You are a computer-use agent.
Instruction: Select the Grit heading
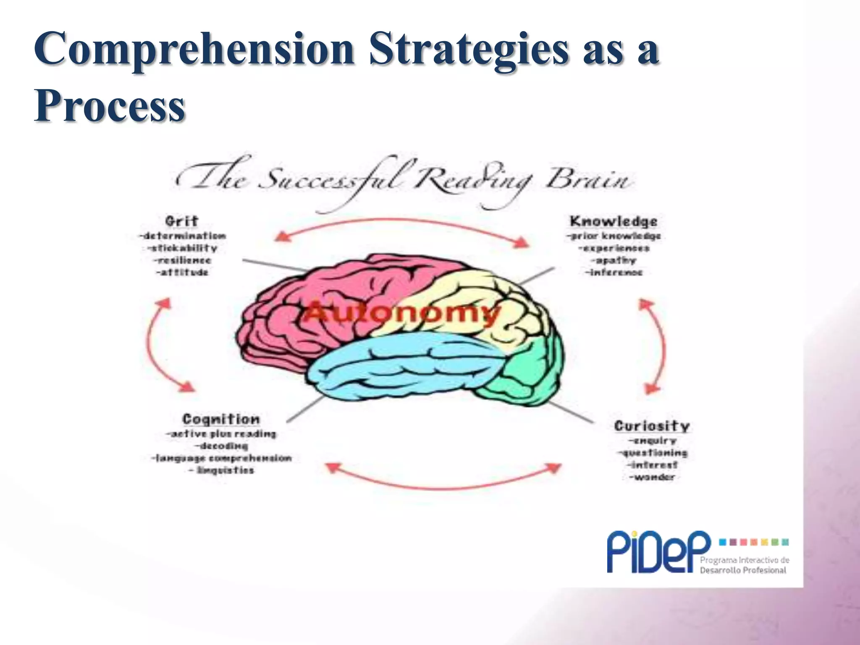181,221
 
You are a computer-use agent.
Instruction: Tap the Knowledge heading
614,221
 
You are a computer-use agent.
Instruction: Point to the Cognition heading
221,419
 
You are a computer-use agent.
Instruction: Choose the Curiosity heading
652,426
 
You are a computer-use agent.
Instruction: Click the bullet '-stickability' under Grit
183,248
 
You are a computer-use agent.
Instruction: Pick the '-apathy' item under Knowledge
614,260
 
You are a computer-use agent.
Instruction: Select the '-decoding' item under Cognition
221,446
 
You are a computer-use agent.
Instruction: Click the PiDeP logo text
658,552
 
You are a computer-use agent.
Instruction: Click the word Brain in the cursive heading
588,181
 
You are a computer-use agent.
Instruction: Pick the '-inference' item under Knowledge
614,273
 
